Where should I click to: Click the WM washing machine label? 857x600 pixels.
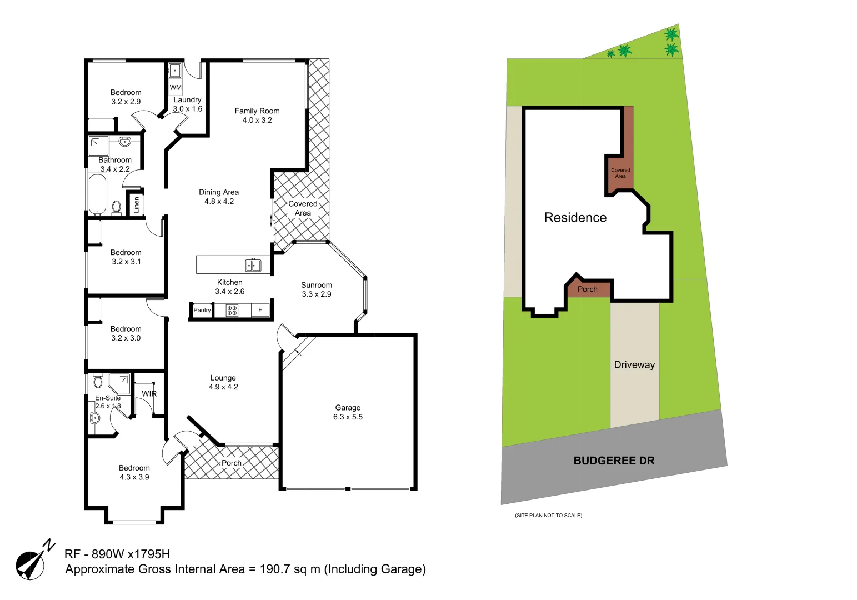(176, 87)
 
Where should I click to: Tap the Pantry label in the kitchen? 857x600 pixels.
(202, 310)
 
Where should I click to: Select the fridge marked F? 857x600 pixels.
(260, 310)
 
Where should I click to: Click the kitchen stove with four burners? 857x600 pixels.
(232, 310)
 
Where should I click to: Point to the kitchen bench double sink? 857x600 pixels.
(253, 265)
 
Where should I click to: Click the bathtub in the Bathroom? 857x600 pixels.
(97, 194)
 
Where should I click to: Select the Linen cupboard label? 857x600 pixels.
(137, 204)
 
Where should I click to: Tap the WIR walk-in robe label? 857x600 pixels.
(149, 393)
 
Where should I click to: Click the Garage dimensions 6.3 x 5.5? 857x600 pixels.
(348, 417)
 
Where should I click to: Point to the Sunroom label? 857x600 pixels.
(317, 285)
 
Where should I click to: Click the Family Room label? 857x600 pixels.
(257, 111)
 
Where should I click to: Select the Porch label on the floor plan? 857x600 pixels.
(232, 463)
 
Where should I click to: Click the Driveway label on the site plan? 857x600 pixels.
(634, 364)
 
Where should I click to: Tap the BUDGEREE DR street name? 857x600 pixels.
(614, 461)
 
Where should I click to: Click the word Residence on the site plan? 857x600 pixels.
(575, 217)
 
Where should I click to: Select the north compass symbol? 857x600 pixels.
(32, 562)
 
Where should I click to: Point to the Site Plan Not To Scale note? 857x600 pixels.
(548, 516)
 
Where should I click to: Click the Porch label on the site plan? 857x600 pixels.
(587, 289)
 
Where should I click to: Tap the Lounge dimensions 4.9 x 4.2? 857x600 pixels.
(223, 387)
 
